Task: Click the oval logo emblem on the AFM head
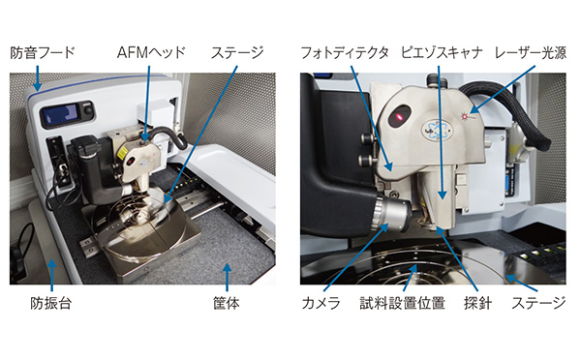439,125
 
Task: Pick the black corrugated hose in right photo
504,106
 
